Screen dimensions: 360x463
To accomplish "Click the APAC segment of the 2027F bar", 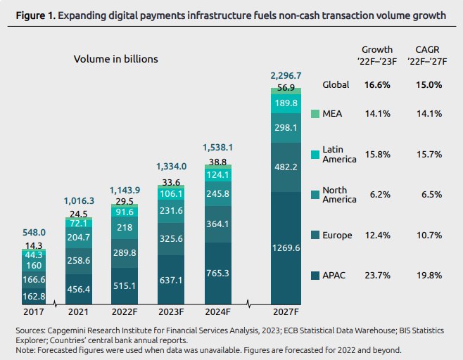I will click(x=286, y=248).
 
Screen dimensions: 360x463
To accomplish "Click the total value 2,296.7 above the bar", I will click(x=286, y=75).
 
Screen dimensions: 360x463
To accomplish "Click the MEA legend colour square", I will click(x=316, y=114).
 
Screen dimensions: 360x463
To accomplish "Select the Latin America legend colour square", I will click(x=316, y=154).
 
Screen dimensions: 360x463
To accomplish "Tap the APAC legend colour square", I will click(x=316, y=275).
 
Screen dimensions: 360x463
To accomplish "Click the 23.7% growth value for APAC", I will click(x=376, y=275).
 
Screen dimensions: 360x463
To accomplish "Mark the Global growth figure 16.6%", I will click(x=376, y=85).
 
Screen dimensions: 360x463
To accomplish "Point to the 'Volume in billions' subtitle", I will click(x=116, y=59).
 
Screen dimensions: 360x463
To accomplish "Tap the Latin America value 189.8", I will click(x=286, y=103).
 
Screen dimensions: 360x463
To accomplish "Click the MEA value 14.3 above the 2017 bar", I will click(x=33, y=245).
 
